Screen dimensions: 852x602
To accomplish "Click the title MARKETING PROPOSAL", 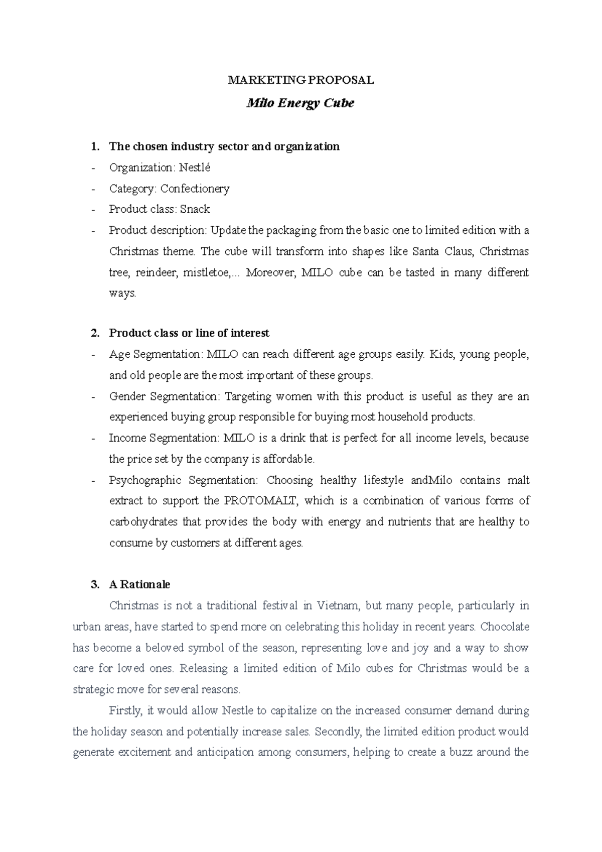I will pyautogui.click(x=301, y=80).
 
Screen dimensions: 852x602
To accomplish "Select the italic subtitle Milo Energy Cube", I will pyautogui.click(x=300, y=103).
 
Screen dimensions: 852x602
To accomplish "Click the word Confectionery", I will pyautogui.click(x=195, y=189).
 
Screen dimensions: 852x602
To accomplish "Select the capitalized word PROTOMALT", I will pyautogui.click(x=261, y=501).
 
